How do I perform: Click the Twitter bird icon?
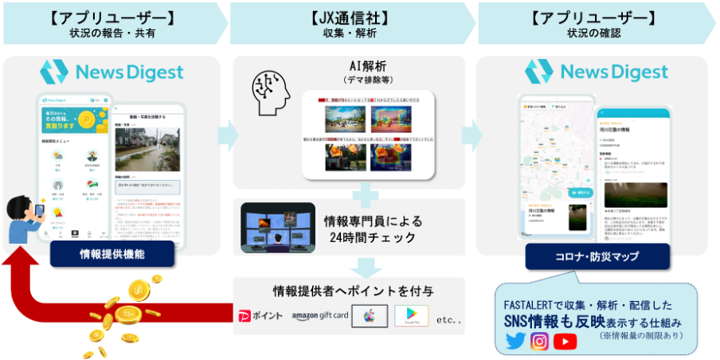coord(515,341)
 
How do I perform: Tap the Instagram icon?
coord(539,341)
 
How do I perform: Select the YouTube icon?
coord(565,341)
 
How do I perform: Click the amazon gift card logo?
coord(320,316)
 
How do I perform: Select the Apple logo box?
coord(368,315)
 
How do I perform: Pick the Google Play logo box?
coord(412,315)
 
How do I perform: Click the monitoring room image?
coord(275,228)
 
